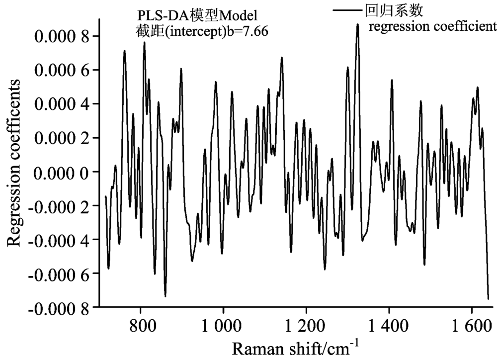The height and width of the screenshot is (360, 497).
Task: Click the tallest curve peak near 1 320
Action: pos(357,24)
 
